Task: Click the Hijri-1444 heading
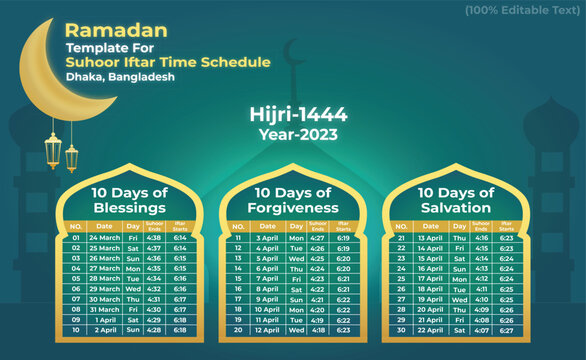[x=293, y=115]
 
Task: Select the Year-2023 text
[x=293, y=133]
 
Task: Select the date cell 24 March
[x=106, y=239]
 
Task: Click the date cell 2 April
[x=106, y=329]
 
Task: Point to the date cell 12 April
[x=266, y=329]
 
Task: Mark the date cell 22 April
[x=429, y=329]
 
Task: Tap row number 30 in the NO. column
[x=401, y=329]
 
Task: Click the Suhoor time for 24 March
[x=154, y=239]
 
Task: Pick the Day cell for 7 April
[x=296, y=279]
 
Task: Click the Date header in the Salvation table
[x=429, y=227]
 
